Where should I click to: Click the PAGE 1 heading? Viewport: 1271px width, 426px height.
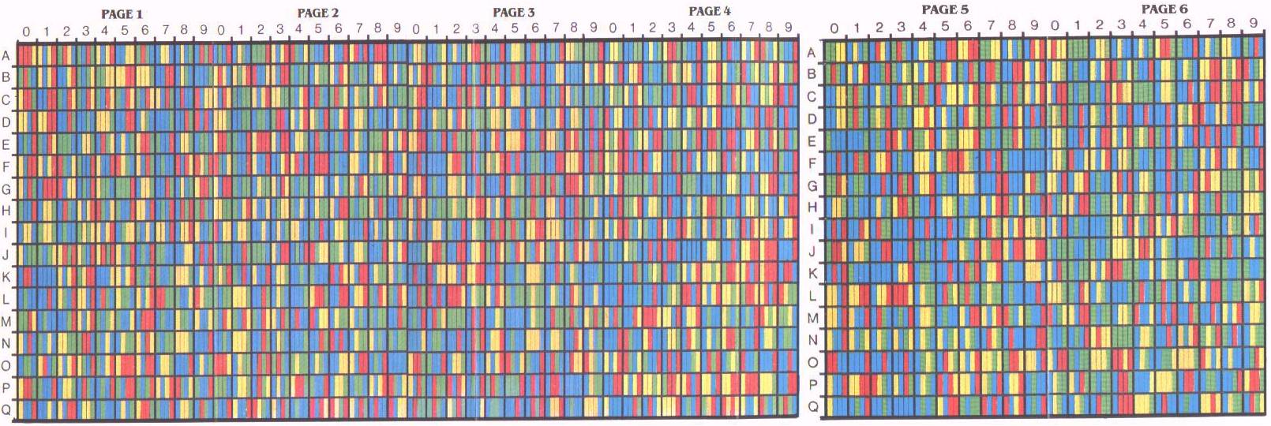point(122,14)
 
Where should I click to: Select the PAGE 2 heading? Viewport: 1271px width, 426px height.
point(317,13)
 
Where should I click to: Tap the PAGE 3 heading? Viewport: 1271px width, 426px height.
point(513,12)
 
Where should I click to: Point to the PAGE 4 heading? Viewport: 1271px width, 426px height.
point(709,11)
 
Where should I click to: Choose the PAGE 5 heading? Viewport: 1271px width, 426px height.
point(944,9)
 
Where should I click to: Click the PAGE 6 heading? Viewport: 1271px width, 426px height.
point(1164,9)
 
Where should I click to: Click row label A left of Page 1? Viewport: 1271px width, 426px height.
point(6,55)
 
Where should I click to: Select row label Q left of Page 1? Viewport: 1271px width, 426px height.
point(6,409)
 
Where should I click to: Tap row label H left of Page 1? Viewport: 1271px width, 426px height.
point(6,211)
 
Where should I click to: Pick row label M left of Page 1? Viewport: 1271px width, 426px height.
point(6,321)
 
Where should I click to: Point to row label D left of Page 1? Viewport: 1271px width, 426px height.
point(6,122)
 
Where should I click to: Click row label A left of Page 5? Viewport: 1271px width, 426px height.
point(811,53)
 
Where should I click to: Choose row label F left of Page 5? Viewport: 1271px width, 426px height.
point(812,164)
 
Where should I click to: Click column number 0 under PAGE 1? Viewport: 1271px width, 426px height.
point(26,32)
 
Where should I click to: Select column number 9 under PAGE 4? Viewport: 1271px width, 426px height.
point(788,27)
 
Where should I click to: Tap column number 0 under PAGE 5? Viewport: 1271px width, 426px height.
point(834,28)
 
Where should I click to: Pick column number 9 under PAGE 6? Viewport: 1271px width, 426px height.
point(1253,24)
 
